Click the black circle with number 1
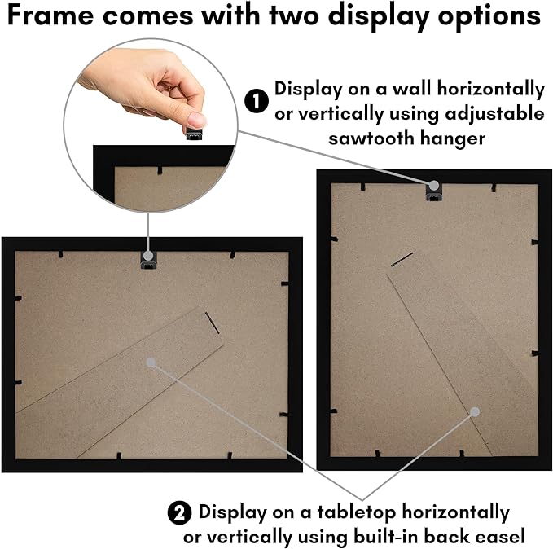257,101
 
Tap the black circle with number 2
179,513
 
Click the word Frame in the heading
50,15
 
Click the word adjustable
494,114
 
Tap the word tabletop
356,512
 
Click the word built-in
386,537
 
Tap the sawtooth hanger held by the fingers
195,135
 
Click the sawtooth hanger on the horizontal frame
149,260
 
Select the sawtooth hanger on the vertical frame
434,191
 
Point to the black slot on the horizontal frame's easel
213,323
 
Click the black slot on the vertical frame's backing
402,259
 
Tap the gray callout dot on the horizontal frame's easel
151,362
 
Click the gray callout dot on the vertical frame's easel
475,412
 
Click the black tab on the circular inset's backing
160,171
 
